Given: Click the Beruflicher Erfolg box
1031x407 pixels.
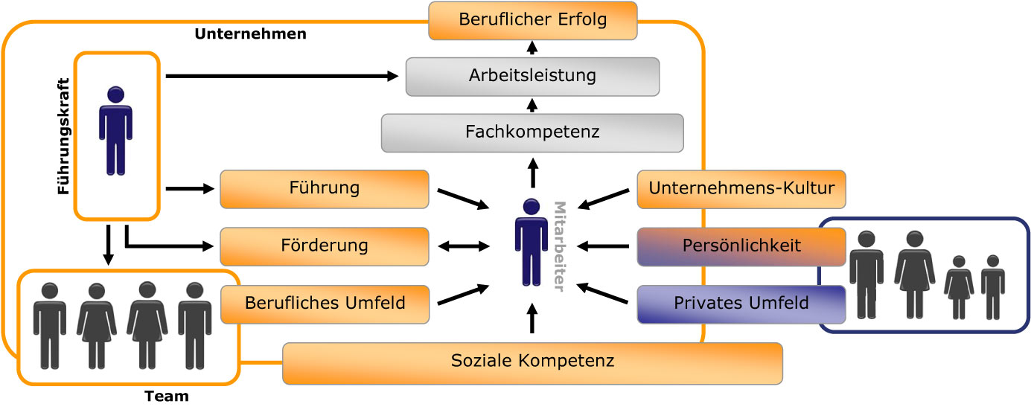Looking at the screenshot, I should tap(532, 21).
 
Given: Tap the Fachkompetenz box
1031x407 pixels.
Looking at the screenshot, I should tap(532, 133).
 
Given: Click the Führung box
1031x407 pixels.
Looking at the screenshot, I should tap(324, 189).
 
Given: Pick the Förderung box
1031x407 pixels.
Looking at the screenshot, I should tap(324, 246).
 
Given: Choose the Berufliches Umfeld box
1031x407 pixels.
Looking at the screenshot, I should tap(324, 304).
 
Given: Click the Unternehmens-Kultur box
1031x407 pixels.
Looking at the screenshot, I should tap(741, 189).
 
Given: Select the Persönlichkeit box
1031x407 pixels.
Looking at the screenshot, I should tap(741, 246).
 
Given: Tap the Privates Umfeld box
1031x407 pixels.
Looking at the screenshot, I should tap(741, 304).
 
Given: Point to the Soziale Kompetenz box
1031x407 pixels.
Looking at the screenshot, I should tap(532, 363).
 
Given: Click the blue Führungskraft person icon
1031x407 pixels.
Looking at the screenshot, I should tap(115, 131).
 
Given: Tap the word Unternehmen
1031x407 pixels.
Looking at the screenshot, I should tap(250, 34).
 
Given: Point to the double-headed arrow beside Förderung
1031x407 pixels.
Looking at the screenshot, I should tap(463, 246).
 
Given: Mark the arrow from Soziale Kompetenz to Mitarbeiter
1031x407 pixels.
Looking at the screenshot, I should tap(532, 318).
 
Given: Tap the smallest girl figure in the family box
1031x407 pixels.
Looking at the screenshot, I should tap(959, 287).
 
